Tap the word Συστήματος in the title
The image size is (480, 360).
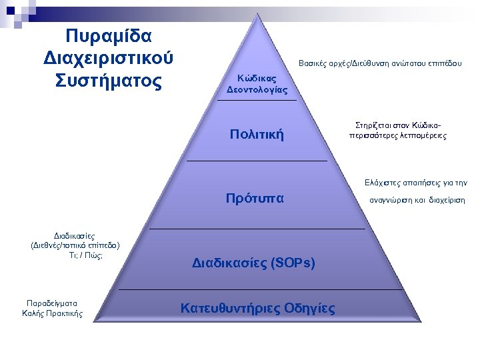108,81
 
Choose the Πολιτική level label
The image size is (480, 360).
257,135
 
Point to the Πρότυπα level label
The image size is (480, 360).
256,198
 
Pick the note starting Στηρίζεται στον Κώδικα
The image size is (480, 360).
397,130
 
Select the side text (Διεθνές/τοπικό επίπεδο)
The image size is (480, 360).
75,245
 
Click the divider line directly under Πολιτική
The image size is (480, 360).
257,161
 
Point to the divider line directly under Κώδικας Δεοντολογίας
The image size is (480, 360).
257,100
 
